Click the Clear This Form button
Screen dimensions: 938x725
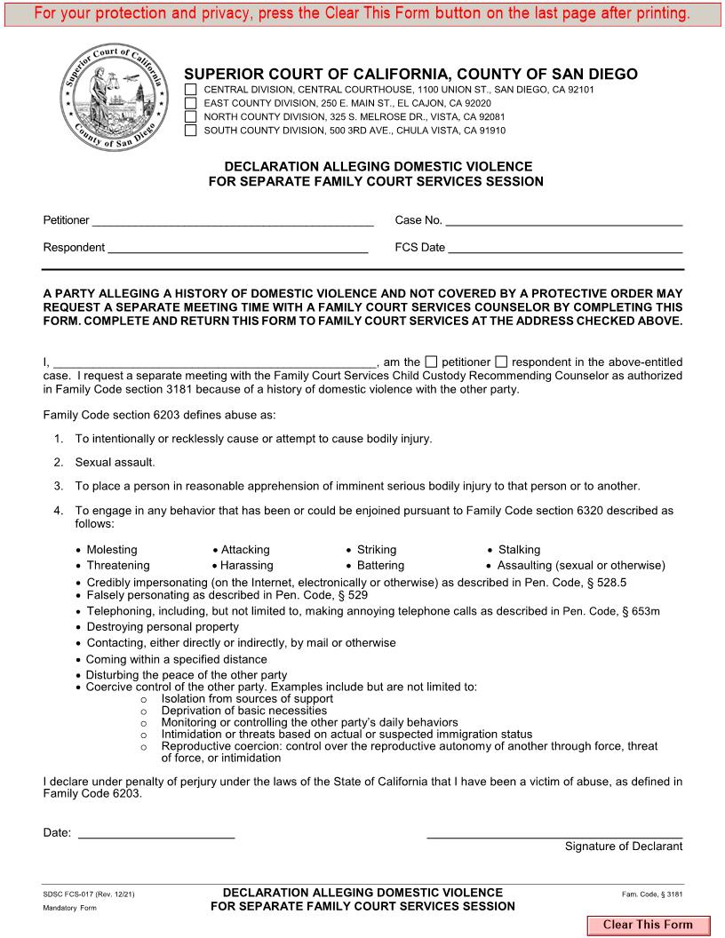[647, 925]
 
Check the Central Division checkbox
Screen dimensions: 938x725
[191, 90]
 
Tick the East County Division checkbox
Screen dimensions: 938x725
[191, 103]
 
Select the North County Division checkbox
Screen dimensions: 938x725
[191, 116]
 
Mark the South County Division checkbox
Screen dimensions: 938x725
[191, 130]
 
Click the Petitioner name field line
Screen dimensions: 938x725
[232, 221]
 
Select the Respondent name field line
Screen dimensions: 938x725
[237, 248]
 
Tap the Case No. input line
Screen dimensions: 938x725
[563, 221]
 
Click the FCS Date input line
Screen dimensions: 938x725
[565, 248]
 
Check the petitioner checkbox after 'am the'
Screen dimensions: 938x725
[432, 362]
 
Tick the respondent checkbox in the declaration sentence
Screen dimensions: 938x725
[501, 362]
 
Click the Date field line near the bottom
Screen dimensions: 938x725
[156, 833]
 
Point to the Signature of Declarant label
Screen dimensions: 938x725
[624, 847]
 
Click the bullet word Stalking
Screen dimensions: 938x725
[519, 550]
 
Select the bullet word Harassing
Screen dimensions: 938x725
[247, 565]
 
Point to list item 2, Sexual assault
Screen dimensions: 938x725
[115, 462]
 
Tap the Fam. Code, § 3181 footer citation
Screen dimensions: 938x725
[652, 894]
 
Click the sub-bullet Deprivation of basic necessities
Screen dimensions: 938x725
[244, 711]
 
